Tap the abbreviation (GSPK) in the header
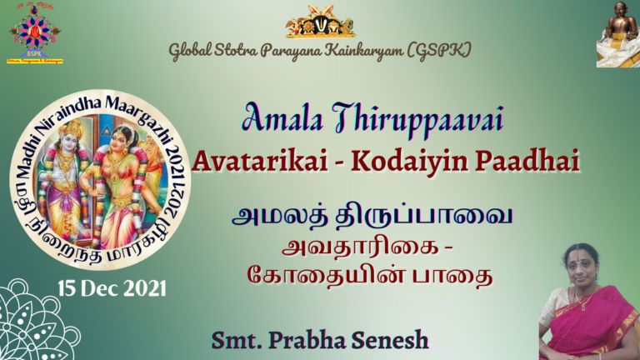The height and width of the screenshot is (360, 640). tap(440, 51)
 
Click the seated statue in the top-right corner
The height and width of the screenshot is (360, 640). tap(617, 33)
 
